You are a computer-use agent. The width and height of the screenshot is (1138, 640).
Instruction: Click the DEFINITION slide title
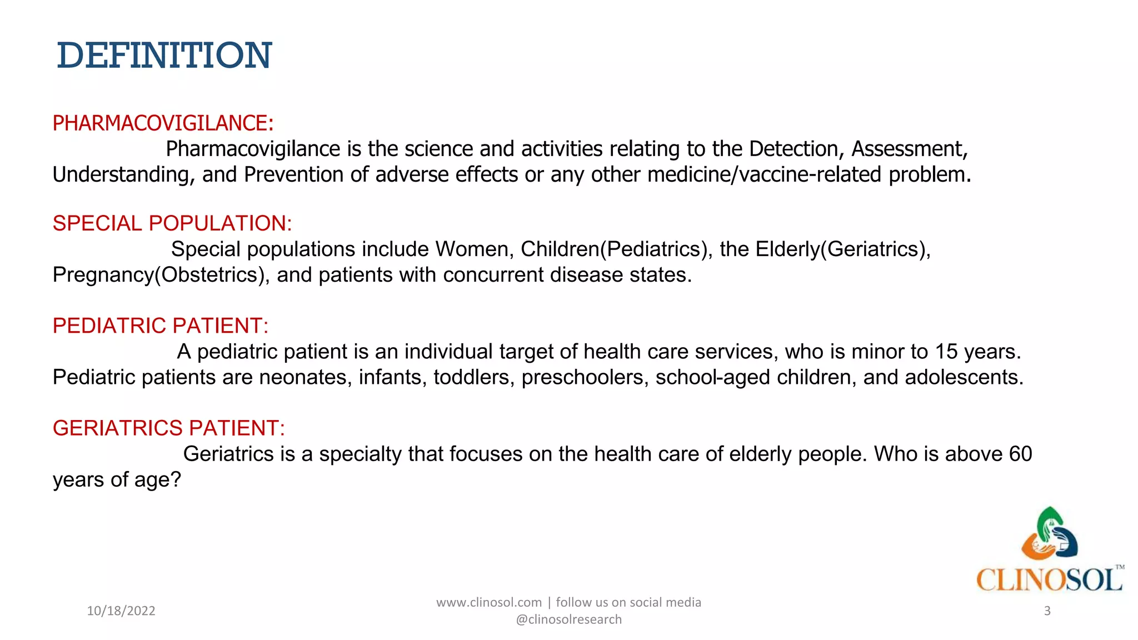(164, 56)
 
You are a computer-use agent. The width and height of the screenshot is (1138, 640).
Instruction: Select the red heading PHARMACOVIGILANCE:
(163, 123)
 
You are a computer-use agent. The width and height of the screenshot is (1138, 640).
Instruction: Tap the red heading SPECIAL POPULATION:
(172, 223)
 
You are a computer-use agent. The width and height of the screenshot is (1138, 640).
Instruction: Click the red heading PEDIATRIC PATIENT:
(161, 326)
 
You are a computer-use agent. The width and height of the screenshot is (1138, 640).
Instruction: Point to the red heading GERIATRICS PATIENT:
(169, 428)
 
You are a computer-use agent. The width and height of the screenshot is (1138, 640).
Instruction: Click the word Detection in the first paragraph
(796, 149)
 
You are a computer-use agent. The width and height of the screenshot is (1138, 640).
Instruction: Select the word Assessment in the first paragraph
(909, 149)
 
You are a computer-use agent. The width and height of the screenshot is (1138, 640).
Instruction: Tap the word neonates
(305, 378)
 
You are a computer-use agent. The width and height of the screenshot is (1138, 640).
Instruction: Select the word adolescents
(964, 378)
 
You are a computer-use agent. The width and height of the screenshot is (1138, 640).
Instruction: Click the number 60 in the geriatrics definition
(1020, 454)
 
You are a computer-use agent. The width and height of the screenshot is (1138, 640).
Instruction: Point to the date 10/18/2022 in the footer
(121, 611)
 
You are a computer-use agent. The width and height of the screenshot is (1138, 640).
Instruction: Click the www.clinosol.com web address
(489, 603)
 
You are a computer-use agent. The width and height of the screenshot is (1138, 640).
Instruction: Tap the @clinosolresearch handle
(569, 619)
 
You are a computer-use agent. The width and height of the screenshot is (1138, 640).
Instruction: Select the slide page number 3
(1047, 611)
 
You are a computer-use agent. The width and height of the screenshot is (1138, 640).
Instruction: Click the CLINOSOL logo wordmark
(1049, 580)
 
